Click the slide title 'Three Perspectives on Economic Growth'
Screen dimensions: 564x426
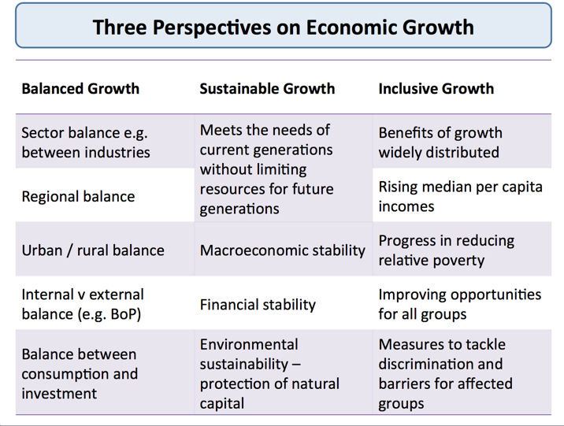pyautogui.click(x=283, y=27)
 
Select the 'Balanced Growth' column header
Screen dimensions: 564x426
pyautogui.click(x=80, y=88)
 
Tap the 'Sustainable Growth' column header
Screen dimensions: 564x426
pyautogui.click(x=267, y=88)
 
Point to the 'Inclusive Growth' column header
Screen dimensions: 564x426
pyautogui.click(x=436, y=88)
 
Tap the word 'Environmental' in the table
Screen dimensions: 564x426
pyautogui.click(x=249, y=344)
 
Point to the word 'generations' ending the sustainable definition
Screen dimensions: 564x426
pyautogui.click(x=239, y=209)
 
